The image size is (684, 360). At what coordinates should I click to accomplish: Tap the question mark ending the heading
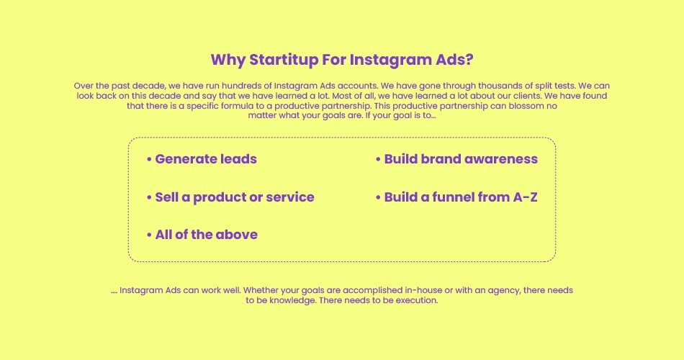pos(469,59)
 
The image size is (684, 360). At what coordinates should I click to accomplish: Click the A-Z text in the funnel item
pos(525,197)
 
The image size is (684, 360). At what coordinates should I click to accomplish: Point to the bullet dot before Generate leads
pos(149,160)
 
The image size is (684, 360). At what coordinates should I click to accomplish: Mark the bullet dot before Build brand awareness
pos(378,160)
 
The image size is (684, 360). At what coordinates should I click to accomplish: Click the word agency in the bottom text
pos(504,291)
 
